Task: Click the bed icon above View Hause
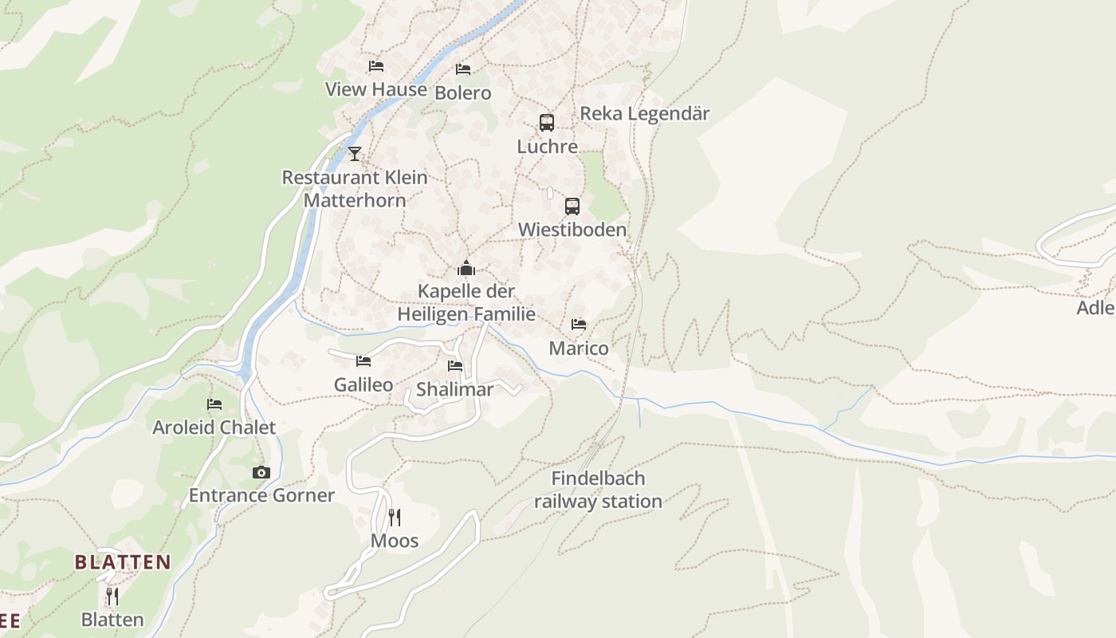[x=376, y=66]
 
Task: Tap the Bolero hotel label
[x=463, y=93]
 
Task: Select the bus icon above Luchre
[x=547, y=123]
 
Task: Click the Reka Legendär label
[x=644, y=113]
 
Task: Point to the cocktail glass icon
[x=355, y=153]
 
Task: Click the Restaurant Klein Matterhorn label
[x=355, y=189]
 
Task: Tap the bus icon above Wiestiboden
[x=572, y=207]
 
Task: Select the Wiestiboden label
[x=572, y=230]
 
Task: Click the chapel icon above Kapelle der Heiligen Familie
[x=466, y=268]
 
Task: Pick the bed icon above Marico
[x=579, y=325]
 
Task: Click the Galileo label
[x=363, y=385]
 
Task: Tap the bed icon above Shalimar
[x=455, y=366]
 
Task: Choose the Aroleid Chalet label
[x=214, y=427]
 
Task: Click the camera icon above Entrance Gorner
[x=261, y=472]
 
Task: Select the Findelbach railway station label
[x=598, y=490]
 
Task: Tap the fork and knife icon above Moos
[x=395, y=518]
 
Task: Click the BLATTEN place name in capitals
[x=123, y=562]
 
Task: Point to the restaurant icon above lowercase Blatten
[x=112, y=596]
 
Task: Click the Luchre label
[x=547, y=147]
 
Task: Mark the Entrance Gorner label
[x=261, y=495]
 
